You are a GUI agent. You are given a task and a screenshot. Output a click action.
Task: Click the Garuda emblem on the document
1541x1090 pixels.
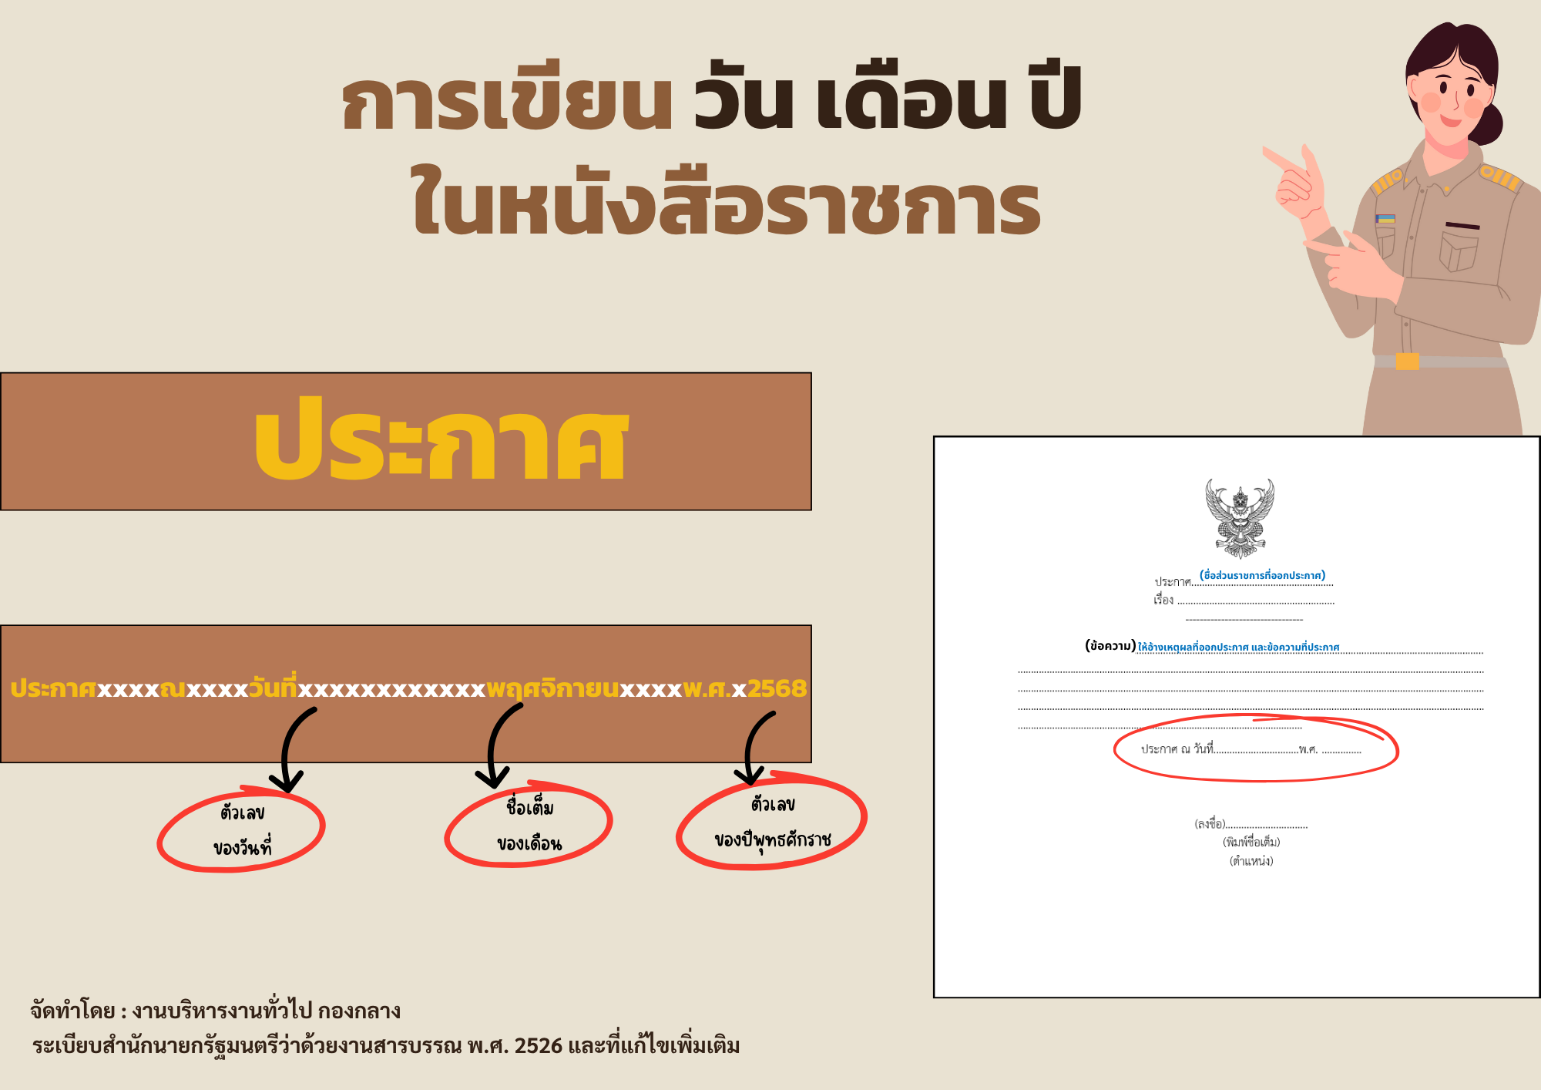[1240, 518]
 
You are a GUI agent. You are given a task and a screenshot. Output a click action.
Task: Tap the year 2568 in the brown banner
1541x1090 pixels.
[777, 688]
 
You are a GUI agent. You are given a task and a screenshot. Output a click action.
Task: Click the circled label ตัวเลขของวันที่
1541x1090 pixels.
[242, 830]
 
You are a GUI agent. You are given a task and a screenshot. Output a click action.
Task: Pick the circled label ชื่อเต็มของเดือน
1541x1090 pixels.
[529, 826]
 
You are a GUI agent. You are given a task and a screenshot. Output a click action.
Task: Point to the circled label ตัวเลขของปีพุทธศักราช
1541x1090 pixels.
[772, 822]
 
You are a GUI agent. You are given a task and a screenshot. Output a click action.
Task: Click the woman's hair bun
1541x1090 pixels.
[1491, 123]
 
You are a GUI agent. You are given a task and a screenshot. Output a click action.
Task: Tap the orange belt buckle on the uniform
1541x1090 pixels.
[1407, 361]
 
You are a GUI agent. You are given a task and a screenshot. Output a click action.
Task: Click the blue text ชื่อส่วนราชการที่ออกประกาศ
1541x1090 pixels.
[1262, 575]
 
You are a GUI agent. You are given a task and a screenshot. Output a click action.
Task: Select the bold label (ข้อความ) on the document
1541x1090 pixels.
[1110, 646]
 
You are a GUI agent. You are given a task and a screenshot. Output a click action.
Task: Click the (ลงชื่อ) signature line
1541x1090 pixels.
[1250, 824]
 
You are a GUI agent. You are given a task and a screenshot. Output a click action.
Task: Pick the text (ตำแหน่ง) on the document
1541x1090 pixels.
[1251, 861]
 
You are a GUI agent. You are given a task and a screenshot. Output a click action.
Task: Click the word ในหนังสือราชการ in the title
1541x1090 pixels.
[726, 204]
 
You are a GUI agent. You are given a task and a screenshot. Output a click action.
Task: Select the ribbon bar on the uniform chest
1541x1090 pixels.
[1385, 219]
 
